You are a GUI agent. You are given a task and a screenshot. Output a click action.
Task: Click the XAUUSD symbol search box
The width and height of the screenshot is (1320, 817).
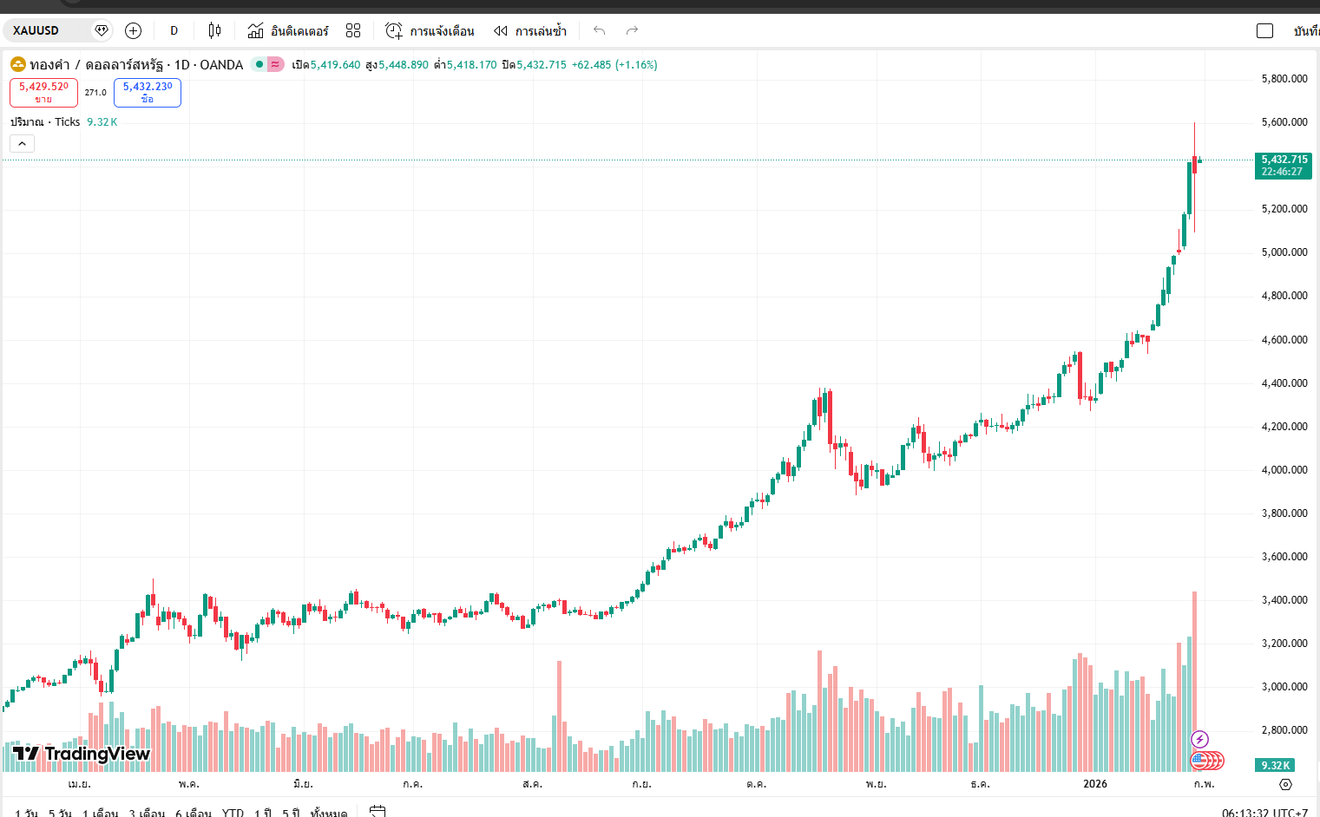pyautogui.click(x=48, y=30)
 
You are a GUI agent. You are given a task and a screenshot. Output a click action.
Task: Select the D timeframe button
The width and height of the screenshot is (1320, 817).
pyautogui.click(x=174, y=30)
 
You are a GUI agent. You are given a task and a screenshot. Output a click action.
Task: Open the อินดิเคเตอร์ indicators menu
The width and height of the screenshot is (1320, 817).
pyautogui.click(x=289, y=30)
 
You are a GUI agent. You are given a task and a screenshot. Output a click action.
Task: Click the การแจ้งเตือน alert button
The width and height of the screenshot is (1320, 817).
pyautogui.click(x=430, y=30)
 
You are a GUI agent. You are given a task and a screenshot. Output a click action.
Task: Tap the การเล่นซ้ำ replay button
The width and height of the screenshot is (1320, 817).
pyautogui.click(x=530, y=30)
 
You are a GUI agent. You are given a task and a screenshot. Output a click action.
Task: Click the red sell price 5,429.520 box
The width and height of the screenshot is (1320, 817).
pyautogui.click(x=43, y=92)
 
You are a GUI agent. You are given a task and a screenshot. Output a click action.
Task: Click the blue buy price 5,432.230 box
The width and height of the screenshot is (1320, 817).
pyautogui.click(x=148, y=92)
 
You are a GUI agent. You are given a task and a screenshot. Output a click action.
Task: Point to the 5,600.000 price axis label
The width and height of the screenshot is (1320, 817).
pyautogui.click(x=1284, y=122)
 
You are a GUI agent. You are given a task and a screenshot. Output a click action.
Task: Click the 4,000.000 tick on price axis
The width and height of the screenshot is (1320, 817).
pyautogui.click(x=1284, y=470)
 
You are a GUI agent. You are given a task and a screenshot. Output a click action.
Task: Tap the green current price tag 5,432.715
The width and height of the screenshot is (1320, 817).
pyautogui.click(x=1284, y=165)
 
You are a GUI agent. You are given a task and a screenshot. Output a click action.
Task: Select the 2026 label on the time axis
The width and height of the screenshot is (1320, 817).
pyautogui.click(x=1095, y=783)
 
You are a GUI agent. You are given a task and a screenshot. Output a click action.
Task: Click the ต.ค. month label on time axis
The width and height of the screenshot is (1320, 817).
pyautogui.click(x=756, y=783)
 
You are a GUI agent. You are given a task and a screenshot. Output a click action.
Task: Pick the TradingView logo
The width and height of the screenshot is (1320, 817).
pyautogui.click(x=82, y=753)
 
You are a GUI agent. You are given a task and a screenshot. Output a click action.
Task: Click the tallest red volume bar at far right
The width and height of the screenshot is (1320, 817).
pyautogui.click(x=1195, y=676)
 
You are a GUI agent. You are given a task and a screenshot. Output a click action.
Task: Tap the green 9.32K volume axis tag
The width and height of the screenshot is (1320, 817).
pyautogui.click(x=1275, y=765)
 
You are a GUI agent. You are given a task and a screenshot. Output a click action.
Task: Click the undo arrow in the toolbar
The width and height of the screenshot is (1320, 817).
pyautogui.click(x=599, y=30)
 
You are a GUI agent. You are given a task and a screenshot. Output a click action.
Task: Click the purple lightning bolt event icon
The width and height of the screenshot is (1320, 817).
pyautogui.click(x=1199, y=739)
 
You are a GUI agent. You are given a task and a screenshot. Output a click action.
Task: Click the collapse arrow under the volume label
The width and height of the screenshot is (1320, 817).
pyautogui.click(x=23, y=143)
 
